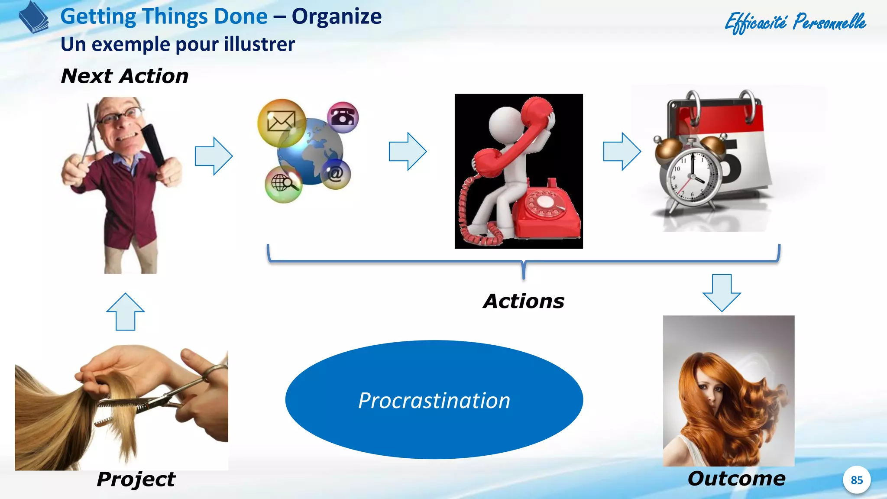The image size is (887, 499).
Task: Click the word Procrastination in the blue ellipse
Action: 434,401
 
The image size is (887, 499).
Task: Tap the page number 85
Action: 856,480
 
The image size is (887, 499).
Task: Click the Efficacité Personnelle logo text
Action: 795,23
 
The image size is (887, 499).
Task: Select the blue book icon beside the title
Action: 34,17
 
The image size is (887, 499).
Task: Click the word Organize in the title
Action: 337,16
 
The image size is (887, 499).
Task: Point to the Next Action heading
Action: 125,76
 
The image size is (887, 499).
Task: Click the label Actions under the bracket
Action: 524,301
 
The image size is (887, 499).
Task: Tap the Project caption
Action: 136,479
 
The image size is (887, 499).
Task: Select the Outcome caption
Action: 736,479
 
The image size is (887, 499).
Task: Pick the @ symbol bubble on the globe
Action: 336,174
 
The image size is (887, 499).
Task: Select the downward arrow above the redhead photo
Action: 722,292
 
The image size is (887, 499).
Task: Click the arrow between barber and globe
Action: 214,156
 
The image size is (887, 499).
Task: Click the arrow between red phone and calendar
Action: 622,151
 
